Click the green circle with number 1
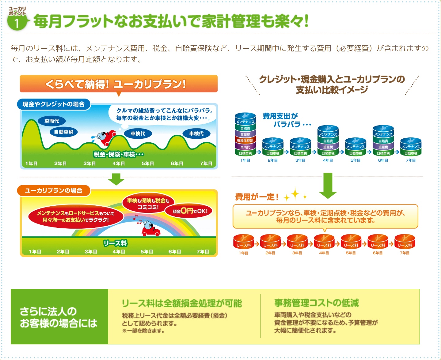[17, 23]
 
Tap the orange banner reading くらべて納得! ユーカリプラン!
[119, 84]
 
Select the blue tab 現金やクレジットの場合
[54, 104]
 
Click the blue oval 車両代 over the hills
[51, 121]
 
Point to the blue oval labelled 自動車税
[64, 132]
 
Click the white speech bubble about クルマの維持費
[163, 114]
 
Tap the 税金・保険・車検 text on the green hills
[118, 154]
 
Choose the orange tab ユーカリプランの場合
[54, 190]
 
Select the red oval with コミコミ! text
[148, 204]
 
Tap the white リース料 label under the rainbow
[115, 243]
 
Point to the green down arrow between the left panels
[116, 179]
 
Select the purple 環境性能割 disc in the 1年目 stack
[245, 141]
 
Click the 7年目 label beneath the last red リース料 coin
[405, 253]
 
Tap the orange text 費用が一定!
[257, 197]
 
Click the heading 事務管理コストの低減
[316, 303]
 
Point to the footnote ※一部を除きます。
[143, 331]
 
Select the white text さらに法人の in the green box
[48, 311]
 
